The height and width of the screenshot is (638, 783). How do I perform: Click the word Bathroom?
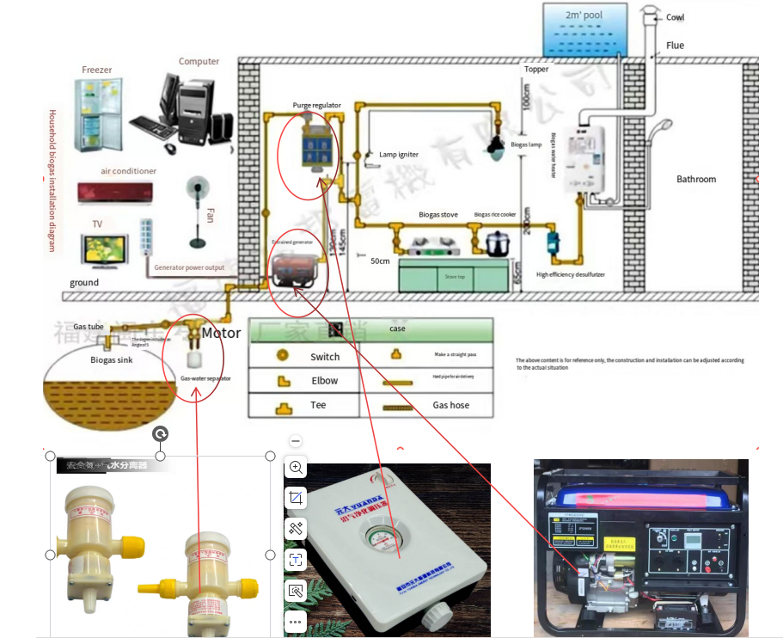[x=695, y=179]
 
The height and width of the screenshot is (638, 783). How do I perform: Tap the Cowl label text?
[x=676, y=17]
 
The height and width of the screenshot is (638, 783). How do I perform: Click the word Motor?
[x=221, y=333]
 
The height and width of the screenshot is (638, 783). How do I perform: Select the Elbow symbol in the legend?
[x=282, y=380]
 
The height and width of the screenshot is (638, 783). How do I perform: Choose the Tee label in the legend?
[x=318, y=405]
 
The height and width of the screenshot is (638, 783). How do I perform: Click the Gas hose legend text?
[x=450, y=405]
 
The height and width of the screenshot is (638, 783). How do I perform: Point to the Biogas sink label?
[x=111, y=360]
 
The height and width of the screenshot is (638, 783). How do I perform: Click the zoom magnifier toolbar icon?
[x=296, y=468]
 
